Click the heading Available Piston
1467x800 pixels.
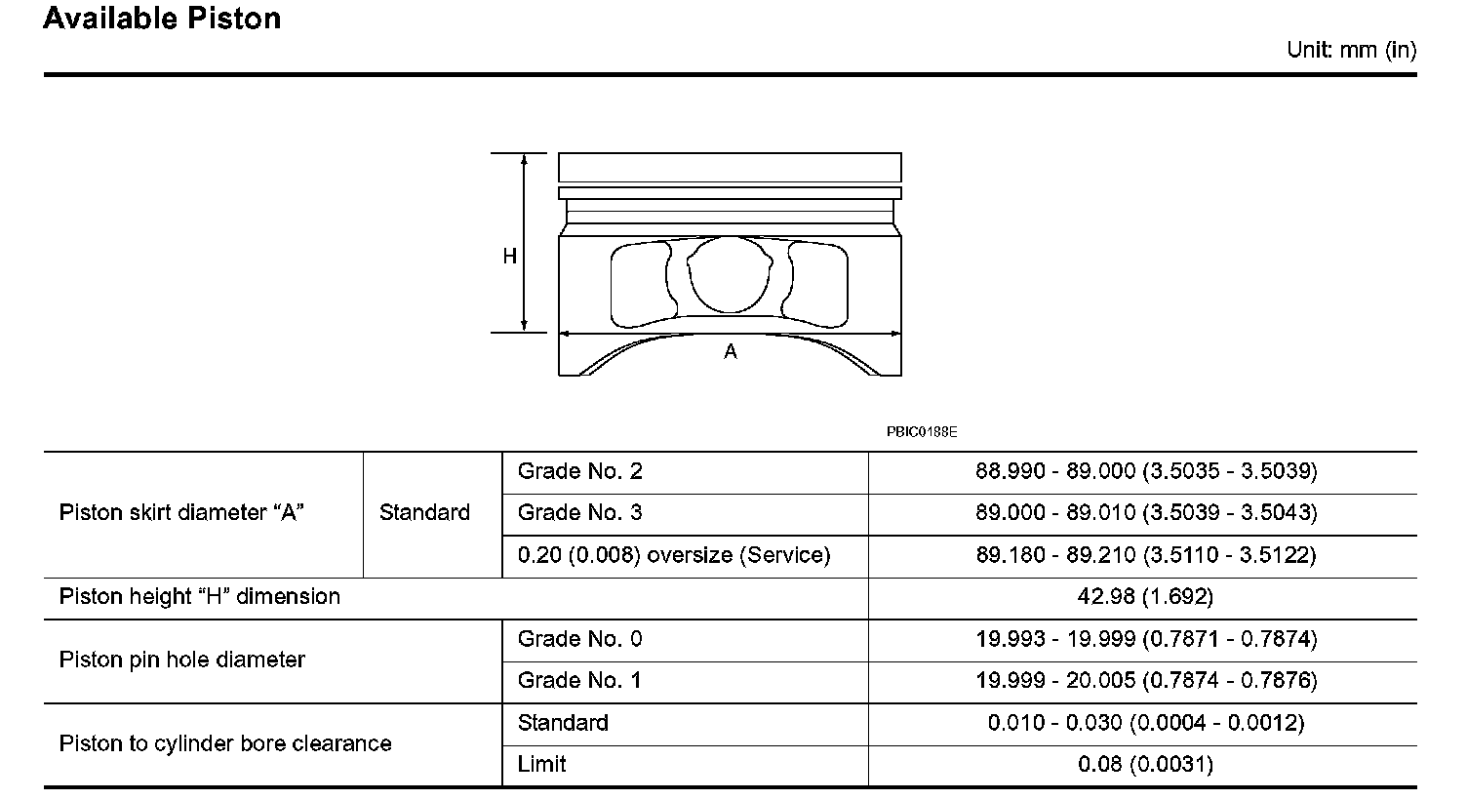pyautogui.click(x=162, y=19)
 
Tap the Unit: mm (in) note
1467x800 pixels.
pyautogui.click(x=1351, y=50)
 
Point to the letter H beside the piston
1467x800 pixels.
pyautogui.click(x=509, y=257)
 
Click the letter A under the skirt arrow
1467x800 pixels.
pyautogui.click(x=731, y=352)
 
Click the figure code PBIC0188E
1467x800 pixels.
pyautogui.click(x=922, y=432)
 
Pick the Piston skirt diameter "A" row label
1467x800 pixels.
pyautogui.click(x=181, y=512)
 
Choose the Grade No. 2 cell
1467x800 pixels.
pyautogui.click(x=579, y=471)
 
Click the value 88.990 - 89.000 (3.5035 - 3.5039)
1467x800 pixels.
pyautogui.click(x=1146, y=471)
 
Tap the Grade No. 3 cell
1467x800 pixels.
pyautogui.click(x=579, y=512)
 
